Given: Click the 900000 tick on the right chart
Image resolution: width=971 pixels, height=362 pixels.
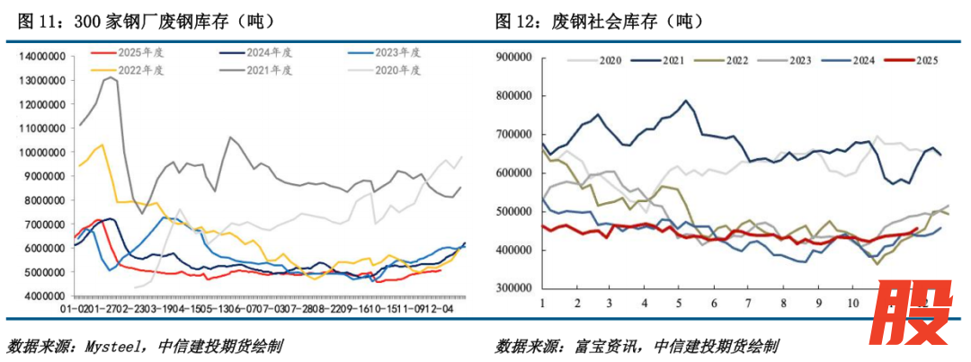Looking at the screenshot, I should [515, 57].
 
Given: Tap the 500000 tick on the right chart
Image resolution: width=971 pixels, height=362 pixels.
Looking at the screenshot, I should [515, 211].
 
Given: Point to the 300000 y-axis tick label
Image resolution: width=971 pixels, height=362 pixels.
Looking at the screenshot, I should [515, 288].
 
